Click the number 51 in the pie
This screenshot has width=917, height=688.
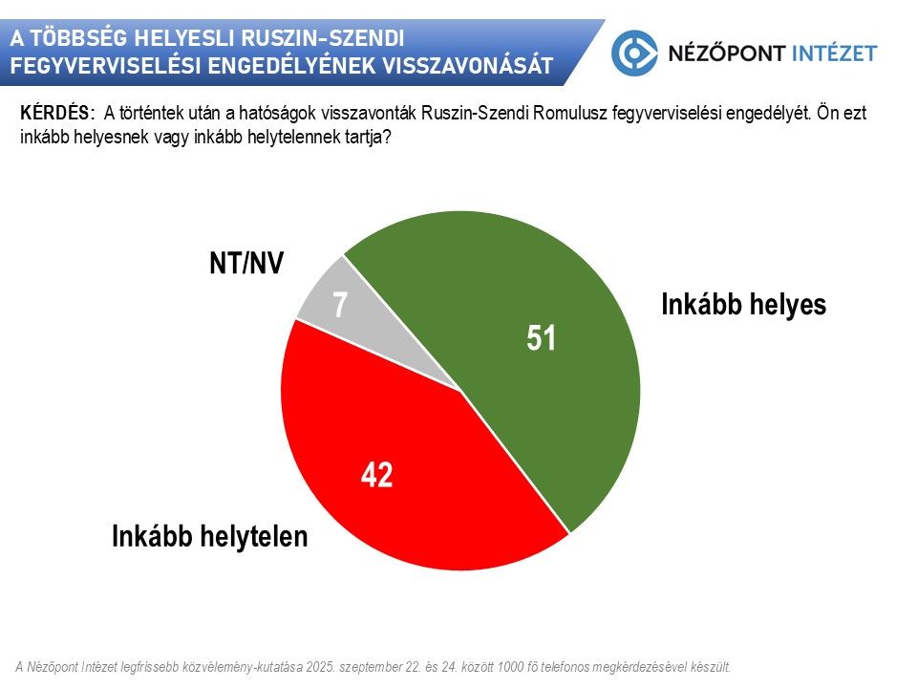pos(542,338)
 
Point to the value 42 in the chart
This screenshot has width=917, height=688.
pos(377,475)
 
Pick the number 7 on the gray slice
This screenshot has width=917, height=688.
pos(339,305)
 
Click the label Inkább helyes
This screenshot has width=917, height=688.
pos(743,305)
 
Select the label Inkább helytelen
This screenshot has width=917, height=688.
pos(210,536)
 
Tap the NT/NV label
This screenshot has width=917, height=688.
pos(246,264)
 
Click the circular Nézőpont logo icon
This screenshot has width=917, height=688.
pos(634,54)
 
